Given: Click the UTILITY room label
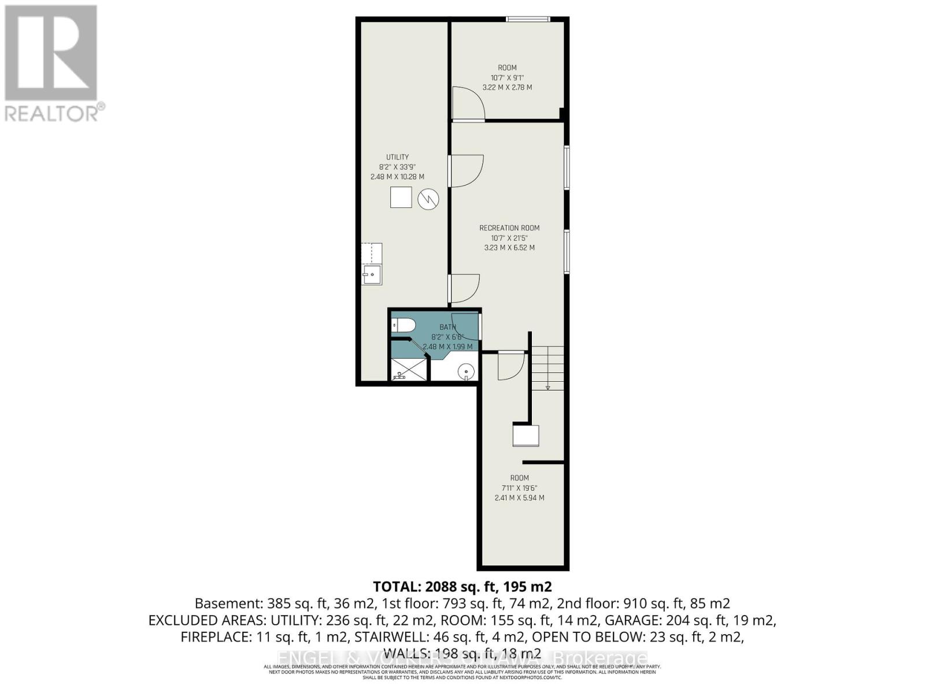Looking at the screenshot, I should point(397,157).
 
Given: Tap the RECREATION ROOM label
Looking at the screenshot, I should point(509,228).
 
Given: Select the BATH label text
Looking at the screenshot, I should point(447,327).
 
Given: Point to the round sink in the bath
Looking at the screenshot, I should point(465,371).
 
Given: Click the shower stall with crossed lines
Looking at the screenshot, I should point(409,369).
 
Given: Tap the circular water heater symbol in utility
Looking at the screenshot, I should point(428,199).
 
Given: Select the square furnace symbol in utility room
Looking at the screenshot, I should point(401,198).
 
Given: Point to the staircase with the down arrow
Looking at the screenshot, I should point(547,368).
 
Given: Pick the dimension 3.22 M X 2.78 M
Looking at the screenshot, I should point(507,88).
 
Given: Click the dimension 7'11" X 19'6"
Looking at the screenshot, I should point(519,488).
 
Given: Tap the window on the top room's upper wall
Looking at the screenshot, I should point(528,20).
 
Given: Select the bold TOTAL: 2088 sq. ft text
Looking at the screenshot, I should point(462,587).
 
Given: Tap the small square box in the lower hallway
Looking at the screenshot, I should point(526,435).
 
